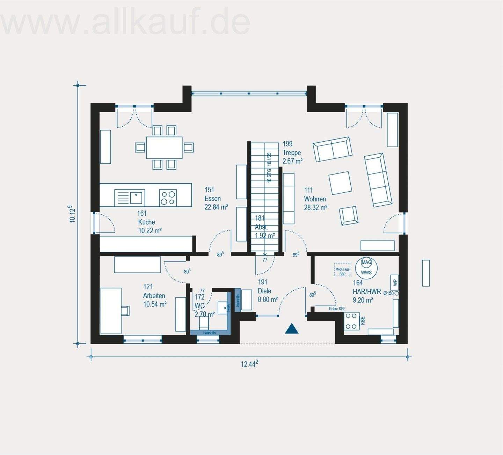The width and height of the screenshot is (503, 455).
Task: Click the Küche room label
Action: tap(146, 222)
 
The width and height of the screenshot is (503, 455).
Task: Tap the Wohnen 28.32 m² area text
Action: tap(315, 208)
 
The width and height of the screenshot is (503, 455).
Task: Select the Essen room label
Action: tap(212, 199)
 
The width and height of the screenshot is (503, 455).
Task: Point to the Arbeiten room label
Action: tap(154, 296)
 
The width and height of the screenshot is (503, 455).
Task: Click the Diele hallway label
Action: tap(264, 291)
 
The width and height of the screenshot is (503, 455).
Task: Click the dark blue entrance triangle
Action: tap(291, 329)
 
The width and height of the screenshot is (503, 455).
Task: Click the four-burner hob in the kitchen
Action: tap(168, 198)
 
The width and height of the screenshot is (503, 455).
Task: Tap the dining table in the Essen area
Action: tap(164, 147)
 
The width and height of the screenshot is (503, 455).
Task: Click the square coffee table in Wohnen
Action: tap(340, 183)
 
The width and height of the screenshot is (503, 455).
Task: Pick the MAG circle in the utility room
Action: tap(366, 262)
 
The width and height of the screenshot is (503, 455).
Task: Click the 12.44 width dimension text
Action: tap(249, 364)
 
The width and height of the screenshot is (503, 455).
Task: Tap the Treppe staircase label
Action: tap(292, 153)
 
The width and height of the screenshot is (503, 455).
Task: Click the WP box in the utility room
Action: tap(395, 282)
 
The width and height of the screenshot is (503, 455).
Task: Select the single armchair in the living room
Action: tap(348, 215)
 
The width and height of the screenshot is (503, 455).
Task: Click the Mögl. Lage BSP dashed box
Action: tap(342, 270)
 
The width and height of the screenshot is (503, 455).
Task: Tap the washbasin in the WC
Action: tap(223, 308)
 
